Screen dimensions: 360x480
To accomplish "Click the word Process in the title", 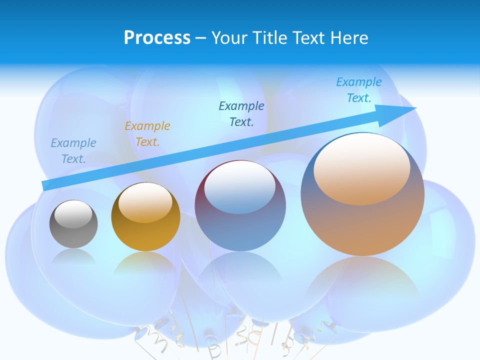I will (157, 38).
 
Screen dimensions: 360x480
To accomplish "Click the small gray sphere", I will (73, 224).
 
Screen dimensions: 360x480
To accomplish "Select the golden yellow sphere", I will (145, 217).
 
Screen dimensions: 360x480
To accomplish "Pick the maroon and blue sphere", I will (240, 206).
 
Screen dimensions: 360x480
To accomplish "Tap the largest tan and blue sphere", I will (362, 194).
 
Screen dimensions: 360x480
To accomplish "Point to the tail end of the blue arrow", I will (46, 185).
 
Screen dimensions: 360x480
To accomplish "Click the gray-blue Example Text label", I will (73, 151).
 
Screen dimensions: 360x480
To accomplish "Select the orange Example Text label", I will (147, 134).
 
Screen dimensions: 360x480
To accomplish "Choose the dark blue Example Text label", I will (241, 114).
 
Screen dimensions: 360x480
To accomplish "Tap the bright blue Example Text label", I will (359, 90).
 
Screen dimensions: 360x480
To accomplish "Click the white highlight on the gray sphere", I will (73, 214).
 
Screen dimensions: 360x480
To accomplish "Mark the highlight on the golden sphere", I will (145, 202).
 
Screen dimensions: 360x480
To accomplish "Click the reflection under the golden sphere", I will (145, 262).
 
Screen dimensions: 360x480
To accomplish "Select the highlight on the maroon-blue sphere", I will (240, 187).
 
